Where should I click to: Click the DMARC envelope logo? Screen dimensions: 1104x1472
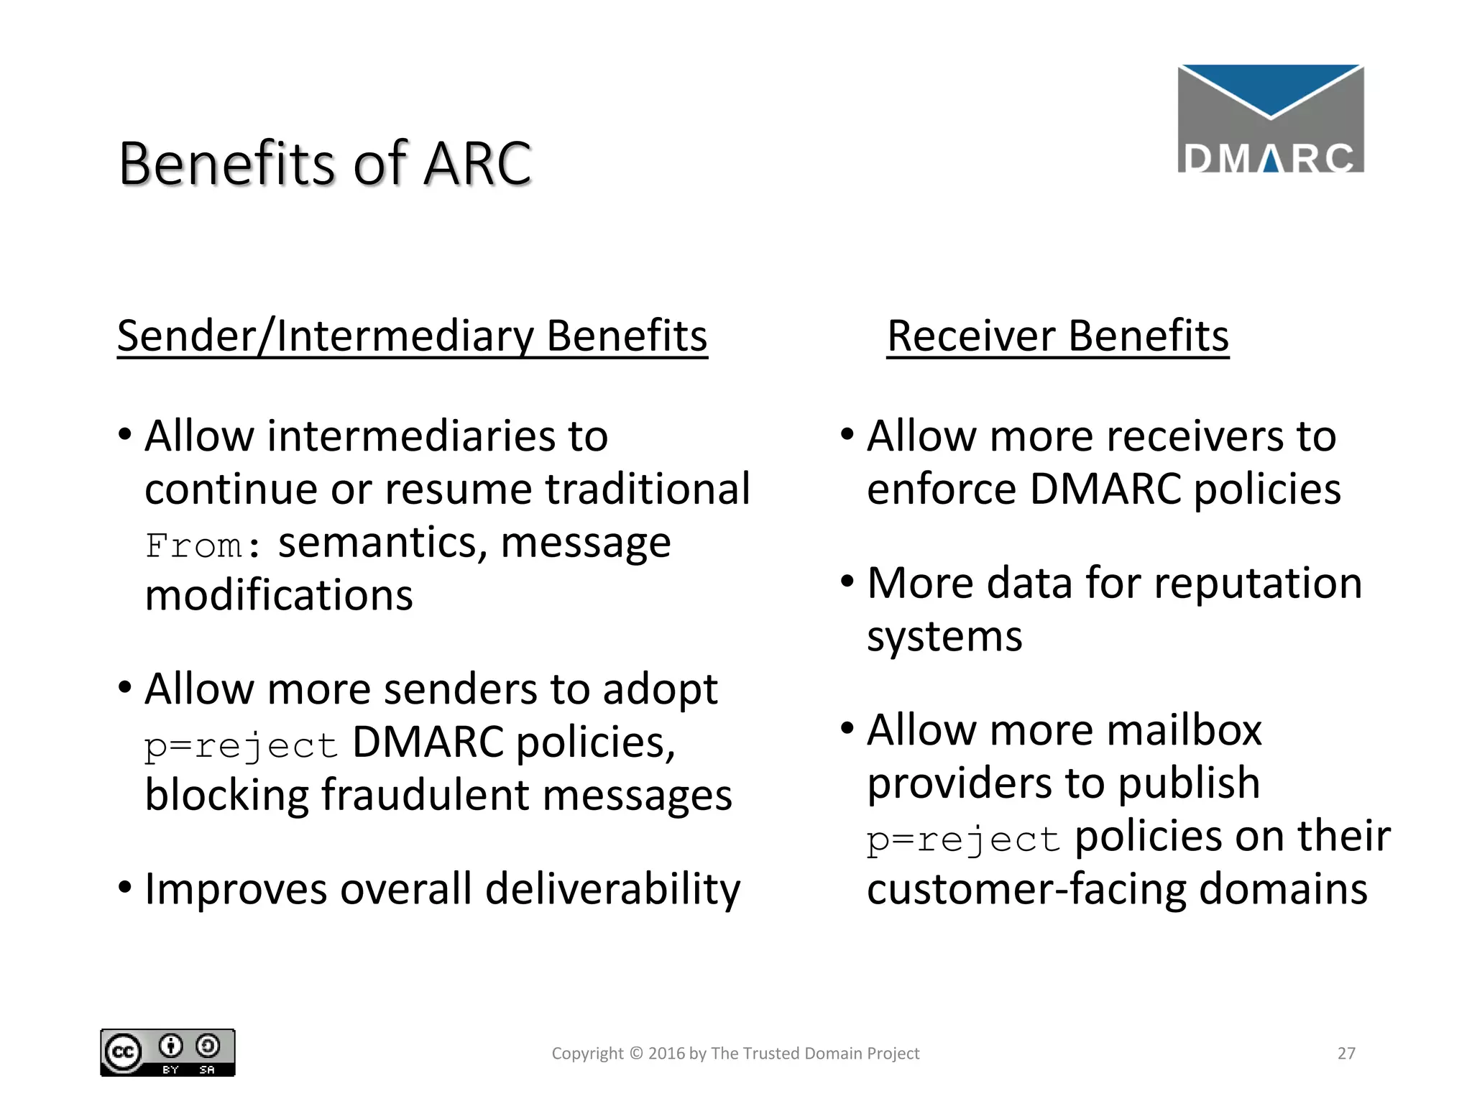1270,119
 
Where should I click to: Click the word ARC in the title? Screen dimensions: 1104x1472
477,164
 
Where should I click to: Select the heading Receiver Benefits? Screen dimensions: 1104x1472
1057,336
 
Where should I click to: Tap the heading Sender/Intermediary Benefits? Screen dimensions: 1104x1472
412,336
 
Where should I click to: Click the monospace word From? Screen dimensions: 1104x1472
203,546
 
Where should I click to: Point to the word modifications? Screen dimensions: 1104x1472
279,596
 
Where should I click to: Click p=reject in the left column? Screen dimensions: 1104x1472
241,745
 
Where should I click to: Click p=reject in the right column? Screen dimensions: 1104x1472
963,839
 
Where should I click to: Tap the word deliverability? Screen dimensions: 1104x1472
612,889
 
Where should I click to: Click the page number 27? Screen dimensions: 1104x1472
1346,1054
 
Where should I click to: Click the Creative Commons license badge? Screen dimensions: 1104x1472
167,1053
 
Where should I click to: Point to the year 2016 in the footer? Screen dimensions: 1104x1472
666,1054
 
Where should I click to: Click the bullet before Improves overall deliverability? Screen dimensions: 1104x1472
125,887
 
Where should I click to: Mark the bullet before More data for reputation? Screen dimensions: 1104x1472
847,581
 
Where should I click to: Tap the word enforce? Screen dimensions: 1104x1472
942,489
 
